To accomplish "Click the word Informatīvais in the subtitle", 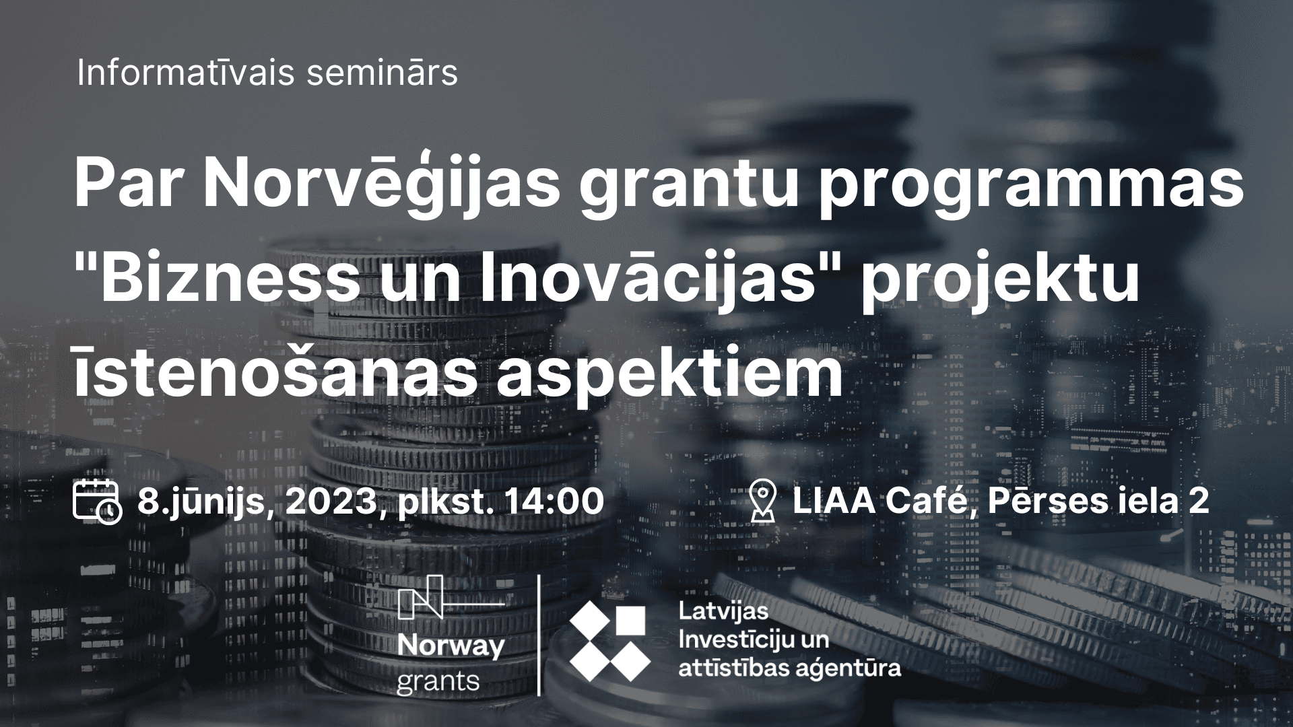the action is click(x=186, y=73).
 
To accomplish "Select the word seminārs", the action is click(x=382, y=73).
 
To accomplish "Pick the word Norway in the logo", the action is click(x=451, y=648).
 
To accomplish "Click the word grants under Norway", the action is click(x=438, y=682).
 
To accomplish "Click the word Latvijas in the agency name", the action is click(x=724, y=612).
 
